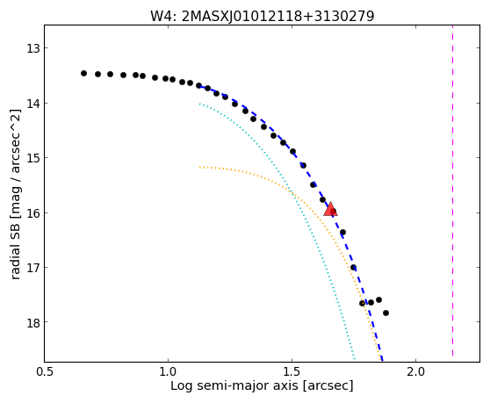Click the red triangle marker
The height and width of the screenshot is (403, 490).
(x=330, y=209)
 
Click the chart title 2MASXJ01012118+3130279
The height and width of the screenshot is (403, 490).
(x=277, y=17)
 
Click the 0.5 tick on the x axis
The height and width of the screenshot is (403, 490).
(x=46, y=371)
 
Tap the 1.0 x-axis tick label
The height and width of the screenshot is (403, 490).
(x=168, y=371)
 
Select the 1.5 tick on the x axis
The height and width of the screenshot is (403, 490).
(x=292, y=371)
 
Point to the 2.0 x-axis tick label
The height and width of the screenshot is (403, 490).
(x=415, y=371)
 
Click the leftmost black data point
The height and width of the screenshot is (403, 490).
(x=83, y=74)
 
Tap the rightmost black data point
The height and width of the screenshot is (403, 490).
(x=386, y=313)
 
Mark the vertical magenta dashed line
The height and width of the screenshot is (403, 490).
(x=452, y=191)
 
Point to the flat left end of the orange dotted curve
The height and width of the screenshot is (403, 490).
(x=200, y=167)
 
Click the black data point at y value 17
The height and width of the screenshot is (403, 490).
(x=353, y=268)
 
